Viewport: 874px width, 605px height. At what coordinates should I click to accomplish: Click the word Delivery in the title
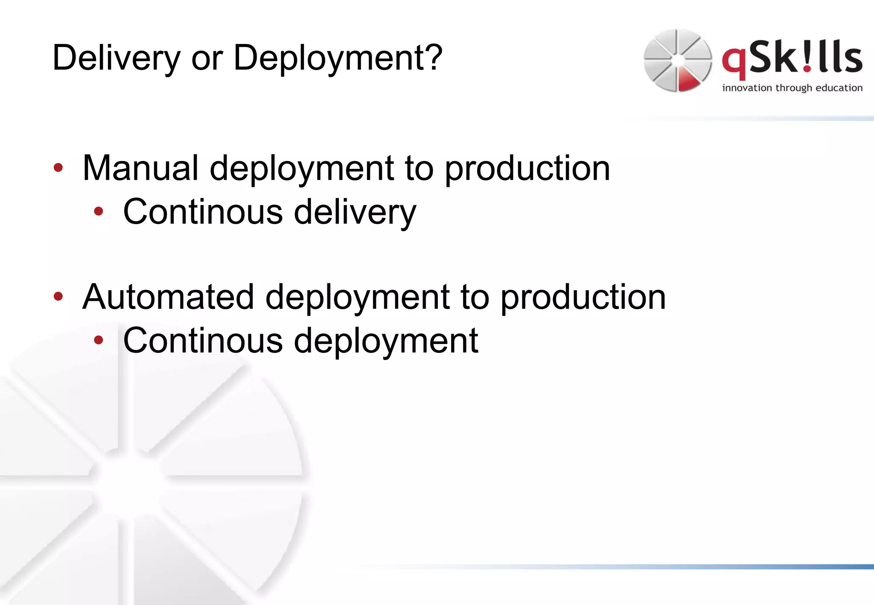click(x=116, y=58)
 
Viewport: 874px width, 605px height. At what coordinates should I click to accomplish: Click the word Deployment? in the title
click(x=338, y=58)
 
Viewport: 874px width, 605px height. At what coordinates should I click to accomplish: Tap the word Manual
click(x=140, y=168)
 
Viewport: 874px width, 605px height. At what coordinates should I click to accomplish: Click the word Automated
click(x=168, y=297)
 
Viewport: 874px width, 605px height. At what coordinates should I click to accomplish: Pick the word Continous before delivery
click(x=203, y=212)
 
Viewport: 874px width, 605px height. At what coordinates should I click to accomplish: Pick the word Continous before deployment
click(x=203, y=341)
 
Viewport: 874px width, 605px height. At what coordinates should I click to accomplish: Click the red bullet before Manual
click(x=58, y=168)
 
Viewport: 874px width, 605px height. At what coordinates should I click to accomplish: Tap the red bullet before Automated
click(x=58, y=296)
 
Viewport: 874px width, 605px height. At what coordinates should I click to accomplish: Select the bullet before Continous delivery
click(x=99, y=211)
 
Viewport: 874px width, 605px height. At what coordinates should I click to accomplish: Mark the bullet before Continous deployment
click(x=99, y=340)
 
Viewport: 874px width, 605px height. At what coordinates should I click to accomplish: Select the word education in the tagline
click(x=839, y=88)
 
